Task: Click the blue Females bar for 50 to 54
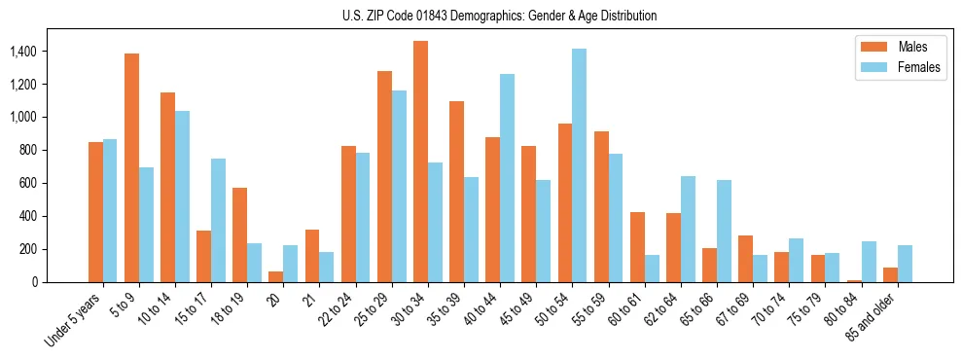pos(580,165)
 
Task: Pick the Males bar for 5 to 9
pos(131,167)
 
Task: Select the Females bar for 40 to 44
pos(507,178)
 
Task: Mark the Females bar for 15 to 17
pos(218,220)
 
